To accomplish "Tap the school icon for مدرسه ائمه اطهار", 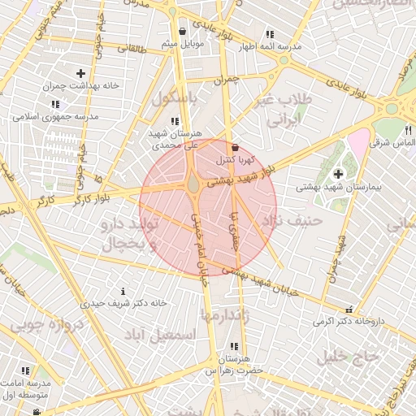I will (x=269, y=35).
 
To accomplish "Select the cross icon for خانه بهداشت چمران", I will (x=80, y=74).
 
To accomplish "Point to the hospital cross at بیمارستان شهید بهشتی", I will (x=338, y=173).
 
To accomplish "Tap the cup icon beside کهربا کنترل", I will (x=236, y=148).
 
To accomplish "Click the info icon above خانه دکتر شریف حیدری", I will (x=123, y=291).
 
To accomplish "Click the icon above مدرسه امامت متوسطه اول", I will (x=25, y=370).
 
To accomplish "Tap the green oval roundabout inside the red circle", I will (x=193, y=186).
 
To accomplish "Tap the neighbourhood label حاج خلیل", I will (x=349, y=356).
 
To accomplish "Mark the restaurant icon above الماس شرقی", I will (x=407, y=130).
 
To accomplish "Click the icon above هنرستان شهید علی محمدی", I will (x=175, y=121).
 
